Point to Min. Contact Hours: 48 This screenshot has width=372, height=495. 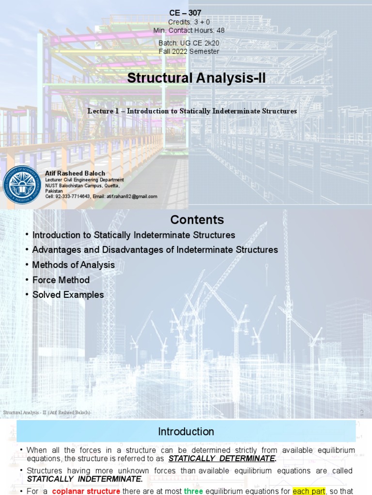click(189, 30)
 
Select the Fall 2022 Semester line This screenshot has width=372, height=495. click(189, 51)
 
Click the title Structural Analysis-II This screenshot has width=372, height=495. click(196, 78)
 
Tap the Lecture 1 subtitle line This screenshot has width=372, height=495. click(192, 111)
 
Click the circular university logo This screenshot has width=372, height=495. click(22, 184)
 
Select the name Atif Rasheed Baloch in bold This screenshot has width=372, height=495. click(75, 173)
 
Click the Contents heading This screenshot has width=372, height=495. click(197, 220)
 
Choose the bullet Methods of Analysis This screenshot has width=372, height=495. click(74, 265)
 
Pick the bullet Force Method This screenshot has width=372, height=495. click(61, 280)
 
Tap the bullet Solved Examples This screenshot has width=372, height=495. click(68, 295)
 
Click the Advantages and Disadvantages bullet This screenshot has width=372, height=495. click(155, 250)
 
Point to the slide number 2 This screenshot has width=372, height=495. click(361, 412)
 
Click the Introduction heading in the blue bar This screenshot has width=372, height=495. click(186, 431)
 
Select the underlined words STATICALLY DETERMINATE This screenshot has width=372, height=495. click(222, 459)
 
